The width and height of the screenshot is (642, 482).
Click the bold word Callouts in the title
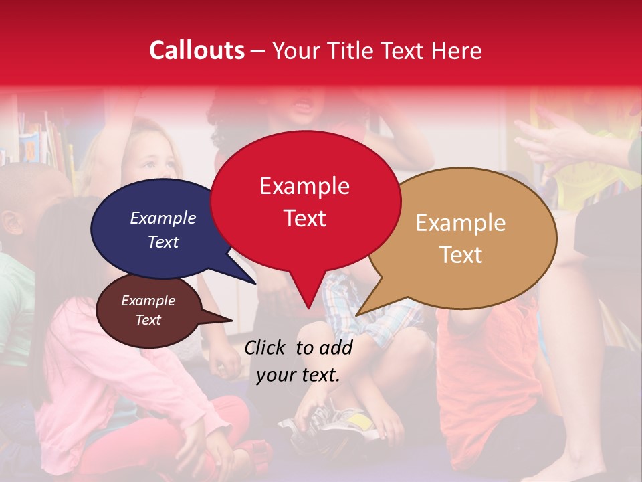point(197,50)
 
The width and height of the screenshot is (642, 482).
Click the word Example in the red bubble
point(304,186)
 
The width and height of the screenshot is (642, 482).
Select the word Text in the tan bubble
point(461,255)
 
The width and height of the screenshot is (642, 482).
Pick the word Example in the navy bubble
point(163,218)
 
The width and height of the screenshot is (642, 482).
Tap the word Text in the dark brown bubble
point(148,320)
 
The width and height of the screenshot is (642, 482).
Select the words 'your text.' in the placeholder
point(298,375)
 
